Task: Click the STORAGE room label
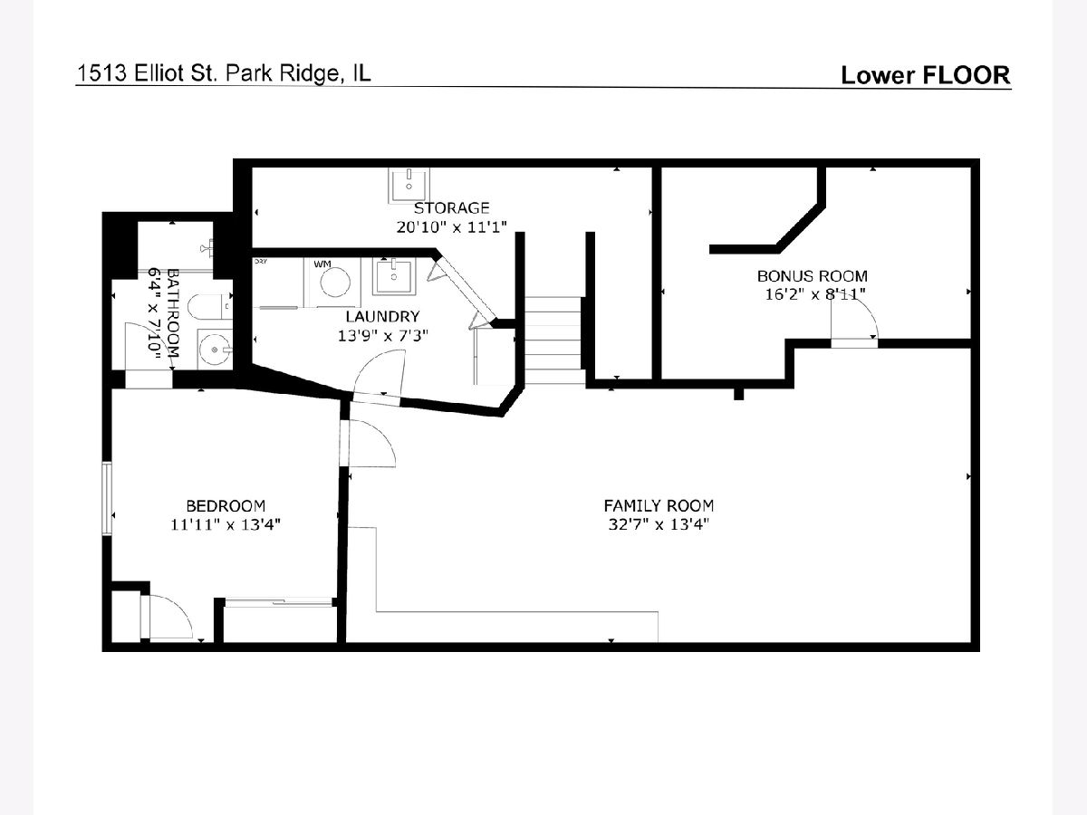coord(451,208)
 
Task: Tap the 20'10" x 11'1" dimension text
coord(452,226)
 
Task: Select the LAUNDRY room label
coord(382,317)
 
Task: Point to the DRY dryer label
coord(261,262)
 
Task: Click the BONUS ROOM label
coord(813,275)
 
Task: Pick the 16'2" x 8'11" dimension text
coord(815,294)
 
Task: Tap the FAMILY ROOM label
coord(659,505)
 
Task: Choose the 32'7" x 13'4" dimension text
coord(659,523)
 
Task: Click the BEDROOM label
coord(226,505)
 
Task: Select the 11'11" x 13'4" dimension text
coord(226,524)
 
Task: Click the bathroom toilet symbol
coord(209,307)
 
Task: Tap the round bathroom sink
coord(215,350)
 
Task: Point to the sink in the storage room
coord(409,184)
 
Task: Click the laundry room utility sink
coord(393,276)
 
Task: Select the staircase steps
coord(554,340)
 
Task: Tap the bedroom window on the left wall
coord(107,498)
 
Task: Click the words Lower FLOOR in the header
coord(926,75)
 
